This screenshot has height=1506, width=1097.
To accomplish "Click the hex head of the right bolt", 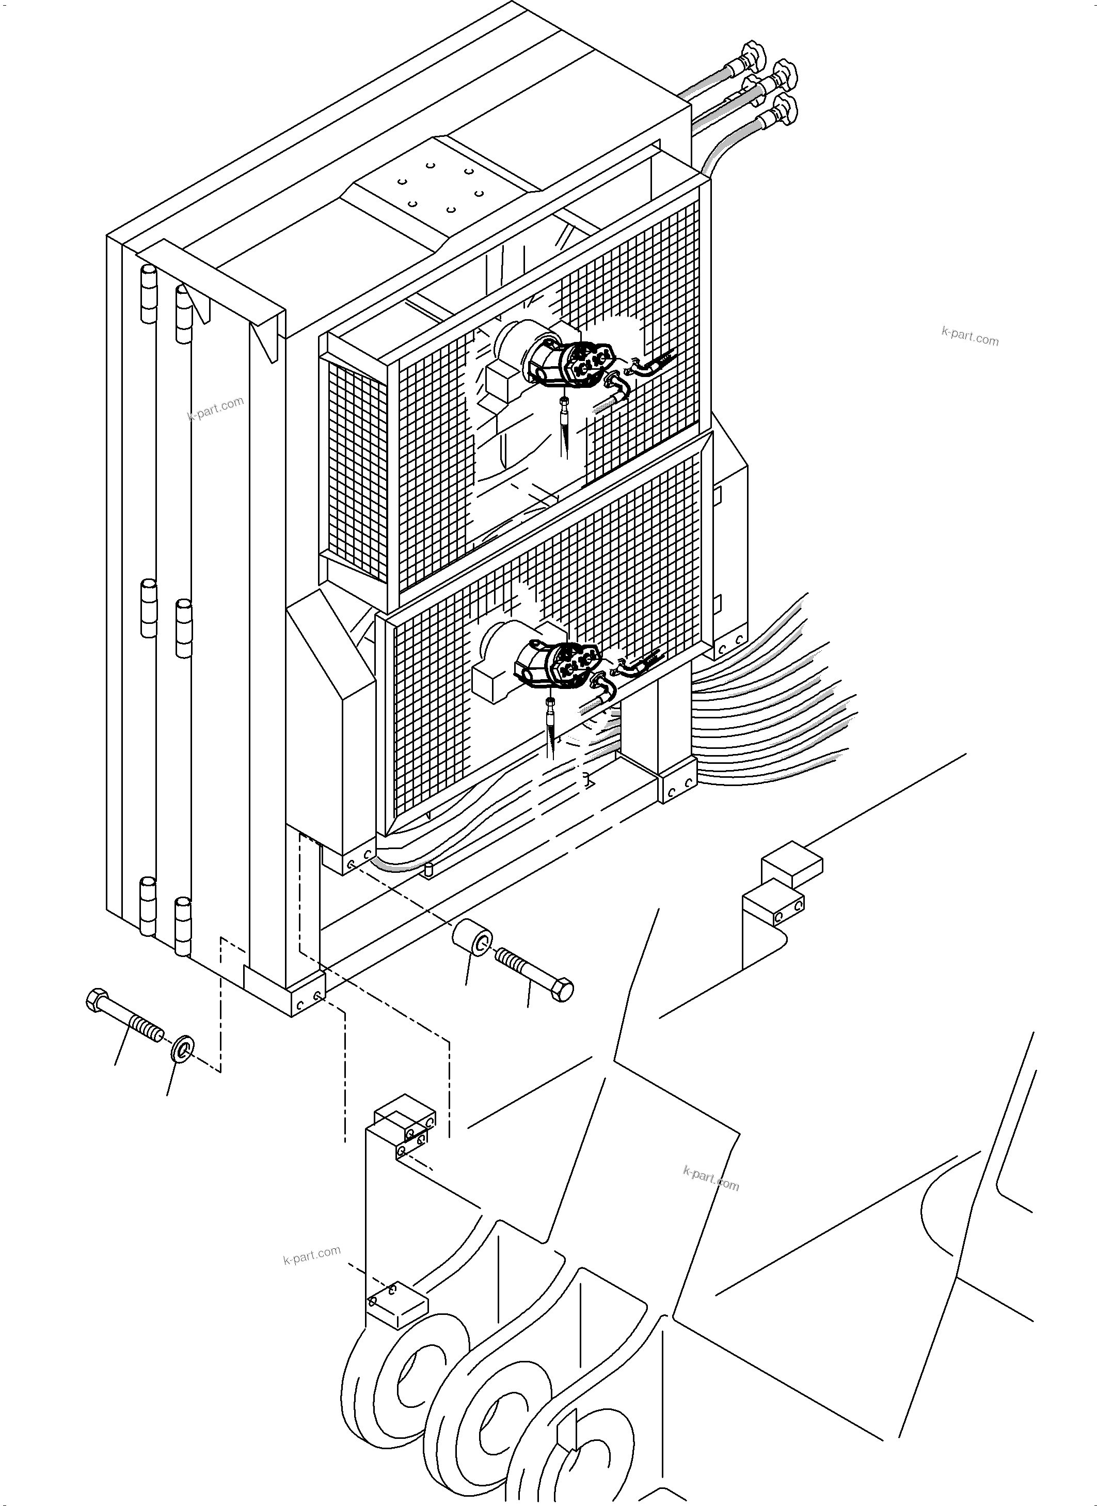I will [x=563, y=991].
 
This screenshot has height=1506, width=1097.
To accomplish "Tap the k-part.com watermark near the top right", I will [x=969, y=337].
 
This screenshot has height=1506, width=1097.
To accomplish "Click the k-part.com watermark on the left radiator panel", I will [x=216, y=408].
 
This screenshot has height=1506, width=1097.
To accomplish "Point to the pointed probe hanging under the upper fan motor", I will [x=564, y=425].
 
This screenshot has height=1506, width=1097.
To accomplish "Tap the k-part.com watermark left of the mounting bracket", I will [x=311, y=1254].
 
